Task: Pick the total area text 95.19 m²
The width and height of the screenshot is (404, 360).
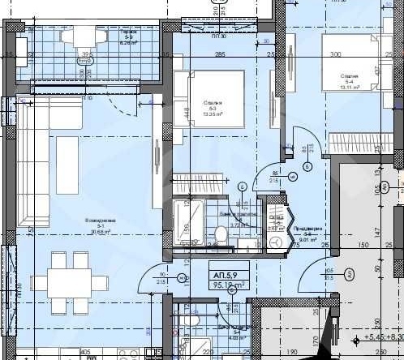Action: point(226,285)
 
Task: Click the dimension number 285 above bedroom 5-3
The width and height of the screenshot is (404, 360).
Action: point(219,54)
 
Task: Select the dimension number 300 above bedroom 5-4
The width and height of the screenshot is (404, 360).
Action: point(335,54)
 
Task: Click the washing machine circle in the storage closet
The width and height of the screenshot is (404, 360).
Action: point(277,242)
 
